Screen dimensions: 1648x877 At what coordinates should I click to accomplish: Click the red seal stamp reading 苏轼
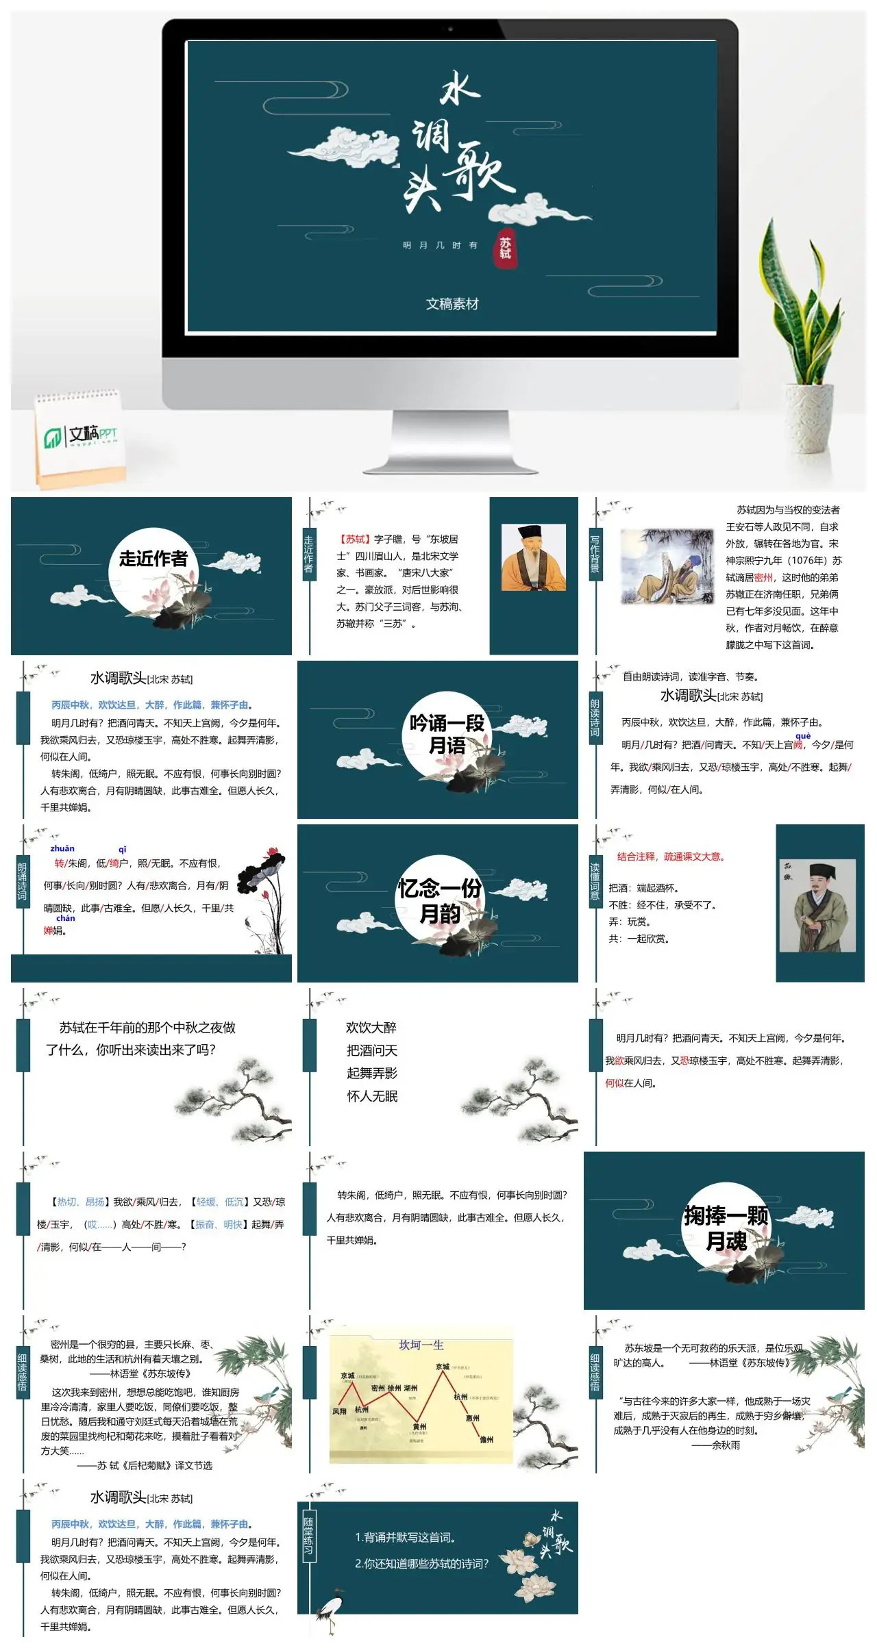pyautogui.click(x=505, y=248)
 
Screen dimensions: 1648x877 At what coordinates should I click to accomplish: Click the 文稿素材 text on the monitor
pyautogui.click(x=452, y=304)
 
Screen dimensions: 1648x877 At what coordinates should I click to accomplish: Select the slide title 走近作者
pyautogui.click(x=153, y=559)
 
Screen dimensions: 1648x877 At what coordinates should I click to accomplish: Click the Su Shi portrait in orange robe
pyautogui.click(x=533, y=557)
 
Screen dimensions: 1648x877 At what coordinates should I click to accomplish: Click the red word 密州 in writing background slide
pyautogui.click(x=763, y=578)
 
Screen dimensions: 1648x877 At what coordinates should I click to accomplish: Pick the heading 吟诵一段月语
pyautogui.click(x=447, y=735)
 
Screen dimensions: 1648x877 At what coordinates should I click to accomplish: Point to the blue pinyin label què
pyautogui.click(x=802, y=736)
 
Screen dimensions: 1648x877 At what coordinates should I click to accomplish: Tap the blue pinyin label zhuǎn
pyautogui.click(x=62, y=848)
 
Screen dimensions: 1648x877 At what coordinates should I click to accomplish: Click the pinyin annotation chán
pyautogui.click(x=66, y=918)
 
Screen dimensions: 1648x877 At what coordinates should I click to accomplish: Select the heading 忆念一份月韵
pyautogui.click(x=440, y=900)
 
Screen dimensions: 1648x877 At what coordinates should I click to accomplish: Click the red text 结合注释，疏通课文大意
pyautogui.click(x=670, y=857)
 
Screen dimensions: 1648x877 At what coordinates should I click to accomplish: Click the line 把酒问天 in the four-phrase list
pyautogui.click(x=372, y=1050)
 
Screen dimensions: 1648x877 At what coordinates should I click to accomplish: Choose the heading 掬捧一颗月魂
pyautogui.click(x=726, y=1228)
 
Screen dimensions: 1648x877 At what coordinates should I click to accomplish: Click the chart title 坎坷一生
pyautogui.click(x=421, y=1345)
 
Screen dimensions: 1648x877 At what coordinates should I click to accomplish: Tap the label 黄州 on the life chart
pyautogui.click(x=419, y=1427)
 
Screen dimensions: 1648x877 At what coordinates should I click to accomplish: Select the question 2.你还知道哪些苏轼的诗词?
pyautogui.click(x=421, y=1564)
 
